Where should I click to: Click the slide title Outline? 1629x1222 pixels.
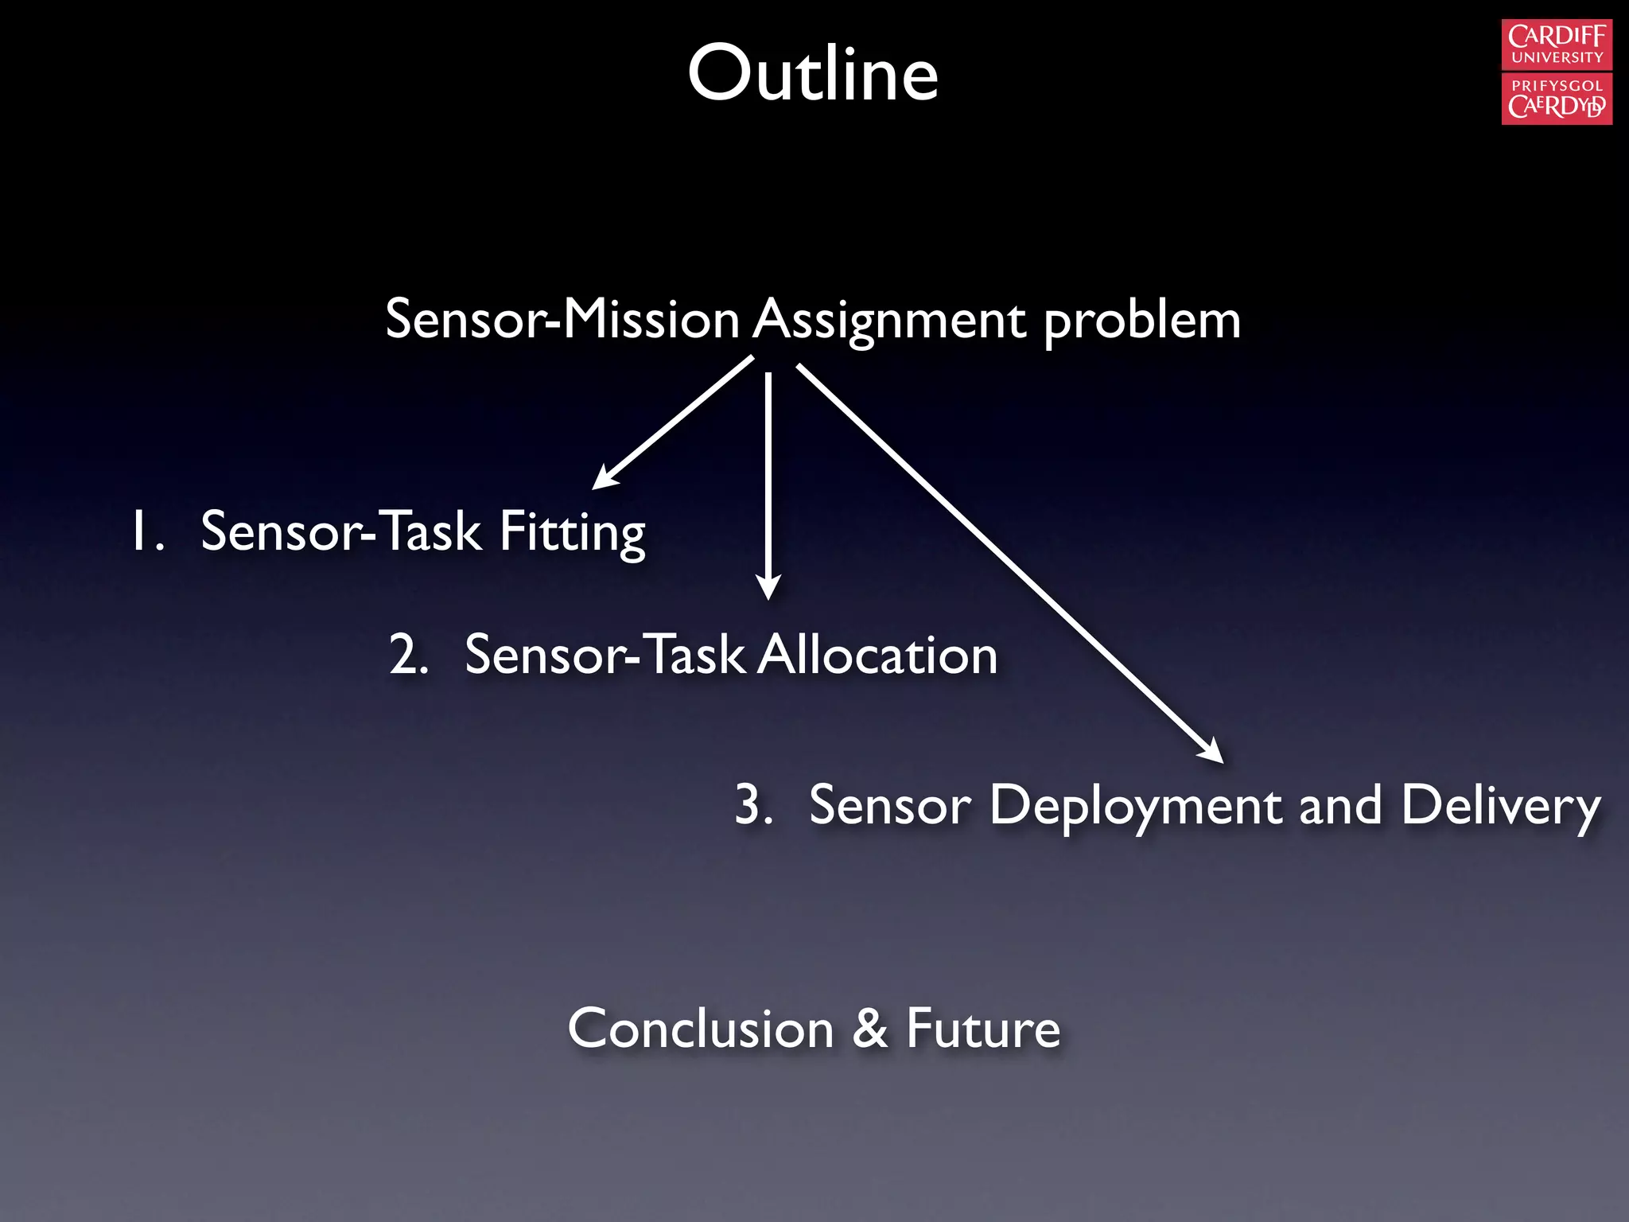(x=813, y=74)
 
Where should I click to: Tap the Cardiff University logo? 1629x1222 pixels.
(x=1557, y=72)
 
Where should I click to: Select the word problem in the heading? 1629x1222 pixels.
(x=1141, y=321)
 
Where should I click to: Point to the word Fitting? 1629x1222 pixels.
(x=572, y=532)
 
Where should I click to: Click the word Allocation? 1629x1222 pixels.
(x=877, y=656)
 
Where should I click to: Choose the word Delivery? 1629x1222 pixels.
(x=1500, y=806)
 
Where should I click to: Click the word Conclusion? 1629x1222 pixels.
(x=701, y=1029)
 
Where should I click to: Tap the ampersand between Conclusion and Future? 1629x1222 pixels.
(x=870, y=1029)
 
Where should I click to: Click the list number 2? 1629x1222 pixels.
(x=408, y=656)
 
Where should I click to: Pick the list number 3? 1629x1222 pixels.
(x=752, y=805)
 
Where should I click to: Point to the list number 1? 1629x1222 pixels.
(x=146, y=532)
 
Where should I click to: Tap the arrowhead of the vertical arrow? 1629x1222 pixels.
(x=768, y=587)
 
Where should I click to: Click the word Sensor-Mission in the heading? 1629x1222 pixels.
(x=562, y=321)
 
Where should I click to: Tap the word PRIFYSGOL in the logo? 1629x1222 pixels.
(x=1557, y=86)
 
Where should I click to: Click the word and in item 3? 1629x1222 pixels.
(x=1340, y=806)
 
